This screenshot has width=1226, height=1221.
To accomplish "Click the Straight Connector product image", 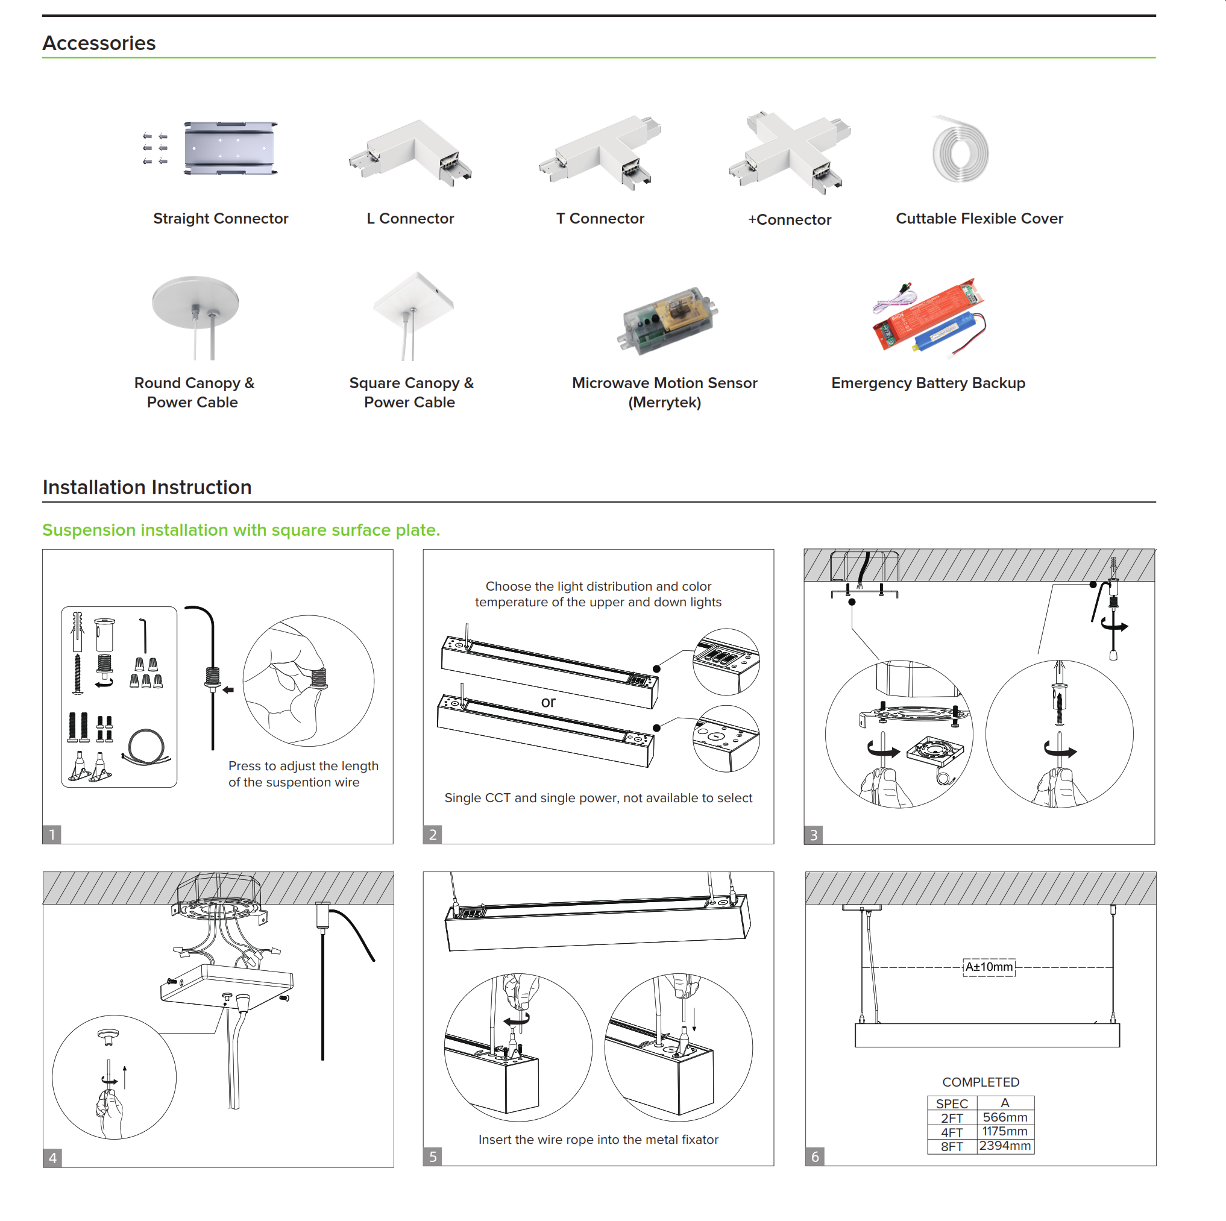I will tap(230, 148).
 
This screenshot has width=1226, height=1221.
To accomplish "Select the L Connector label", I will tap(410, 218).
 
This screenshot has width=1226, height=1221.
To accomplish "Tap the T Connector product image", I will tap(600, 151).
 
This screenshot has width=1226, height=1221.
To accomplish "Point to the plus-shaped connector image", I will tap(790, 152).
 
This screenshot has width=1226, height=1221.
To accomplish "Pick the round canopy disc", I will tap(195, 301).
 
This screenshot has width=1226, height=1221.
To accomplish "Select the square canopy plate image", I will tap(413, 299).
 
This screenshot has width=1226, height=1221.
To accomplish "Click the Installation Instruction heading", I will tap(147, 488).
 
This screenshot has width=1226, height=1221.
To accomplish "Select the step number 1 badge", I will tap(52, 834).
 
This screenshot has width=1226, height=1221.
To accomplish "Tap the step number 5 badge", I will tap(433, 1157).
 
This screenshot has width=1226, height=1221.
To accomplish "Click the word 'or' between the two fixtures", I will tap(549, 702).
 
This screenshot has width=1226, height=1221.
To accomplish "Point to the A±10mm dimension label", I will tap(989, 967).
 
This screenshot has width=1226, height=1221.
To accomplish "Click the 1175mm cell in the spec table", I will tap(1005, 1132).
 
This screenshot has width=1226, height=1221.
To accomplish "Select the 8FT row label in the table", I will tap(951, 1146).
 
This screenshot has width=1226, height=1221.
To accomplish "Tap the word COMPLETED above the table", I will tap(981, 1082).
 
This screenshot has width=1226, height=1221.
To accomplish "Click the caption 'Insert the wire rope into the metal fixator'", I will tap(598, 1140).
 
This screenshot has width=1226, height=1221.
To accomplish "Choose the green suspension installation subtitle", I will tap(241, 530).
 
